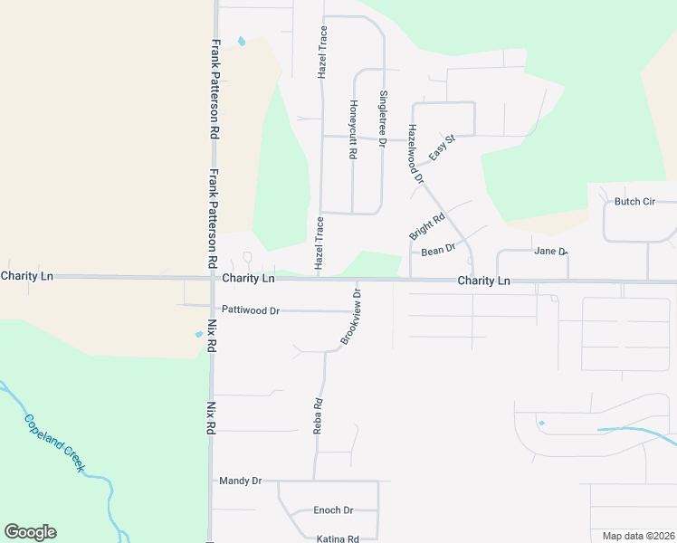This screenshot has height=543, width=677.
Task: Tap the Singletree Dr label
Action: [x=383, y=118]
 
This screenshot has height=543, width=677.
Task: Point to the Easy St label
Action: [x=441, y=147]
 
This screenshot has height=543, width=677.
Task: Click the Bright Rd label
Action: [x=427, y=225]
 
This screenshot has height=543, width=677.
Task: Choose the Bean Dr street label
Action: [x=438, y=249]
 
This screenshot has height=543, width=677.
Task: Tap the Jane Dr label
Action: [x=550, y=251]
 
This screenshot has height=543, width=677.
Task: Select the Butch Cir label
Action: [x=634, y=202]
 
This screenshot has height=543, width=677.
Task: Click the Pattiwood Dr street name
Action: [x=251, y=310]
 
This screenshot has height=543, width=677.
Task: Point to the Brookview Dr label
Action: [x=351, y=316]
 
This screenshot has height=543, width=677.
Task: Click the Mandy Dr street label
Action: [x=240, y=481]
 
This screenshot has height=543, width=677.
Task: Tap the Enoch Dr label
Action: [x=333, y=510]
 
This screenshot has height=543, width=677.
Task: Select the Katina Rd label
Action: [x=338, y=538]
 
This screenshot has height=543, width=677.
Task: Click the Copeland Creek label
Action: [x=54, y=443]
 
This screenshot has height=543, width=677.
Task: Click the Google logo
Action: [x=30, y=532]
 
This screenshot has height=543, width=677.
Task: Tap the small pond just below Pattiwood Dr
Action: [x=199, y=334]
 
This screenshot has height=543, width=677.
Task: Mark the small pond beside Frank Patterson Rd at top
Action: [x=241, y=41]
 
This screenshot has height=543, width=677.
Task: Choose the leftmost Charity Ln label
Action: [x=27, y=275]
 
